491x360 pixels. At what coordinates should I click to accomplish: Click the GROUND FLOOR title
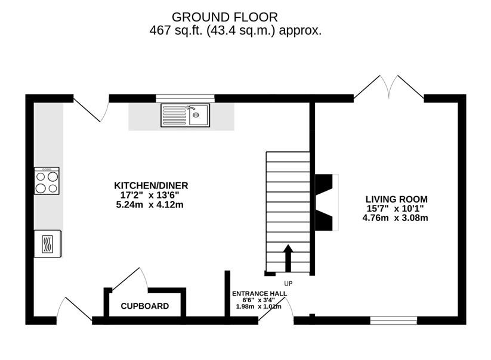[x=224, y=17]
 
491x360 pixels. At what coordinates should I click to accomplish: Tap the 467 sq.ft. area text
[x=235, y=30]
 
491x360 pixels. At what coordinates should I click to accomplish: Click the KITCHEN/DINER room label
[x=151, y=185]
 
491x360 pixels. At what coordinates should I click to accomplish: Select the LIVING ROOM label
[x=396, y=199]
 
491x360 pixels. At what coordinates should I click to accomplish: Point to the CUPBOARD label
[x=144, y=306]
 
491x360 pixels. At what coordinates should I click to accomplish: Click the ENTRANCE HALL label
[x=260, y=294]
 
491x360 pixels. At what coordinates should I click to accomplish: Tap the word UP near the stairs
[x=288, y=284]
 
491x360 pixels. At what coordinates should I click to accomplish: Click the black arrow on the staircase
[x=288, y=258]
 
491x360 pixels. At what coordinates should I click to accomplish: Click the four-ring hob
[x=47, y=181]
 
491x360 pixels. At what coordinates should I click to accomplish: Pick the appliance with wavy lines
[x=48, y=244]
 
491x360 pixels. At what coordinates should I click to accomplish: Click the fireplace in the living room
[x=326, y=203]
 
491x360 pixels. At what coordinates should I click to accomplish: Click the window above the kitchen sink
[x=186, y=98]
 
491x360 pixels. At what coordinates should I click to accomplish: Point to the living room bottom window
[x=394, y=320]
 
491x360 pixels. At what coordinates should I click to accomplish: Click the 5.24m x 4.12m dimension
[x=150, y=205]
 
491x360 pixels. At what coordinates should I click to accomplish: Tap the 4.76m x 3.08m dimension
[x=395, y=218]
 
